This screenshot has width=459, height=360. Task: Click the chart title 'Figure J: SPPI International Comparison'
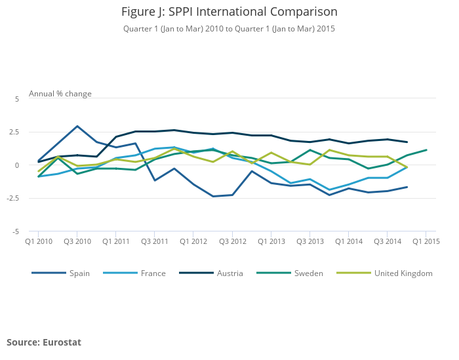tap(229, 12)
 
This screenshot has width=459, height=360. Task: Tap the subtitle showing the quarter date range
tap(229, 29)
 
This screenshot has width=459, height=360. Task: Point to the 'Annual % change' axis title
tap(60, 94)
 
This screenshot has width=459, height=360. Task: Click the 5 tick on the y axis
tap(18, 99)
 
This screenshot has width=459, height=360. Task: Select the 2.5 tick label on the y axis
tap(14, 132)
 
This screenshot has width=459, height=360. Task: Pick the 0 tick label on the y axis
tap(18, 165)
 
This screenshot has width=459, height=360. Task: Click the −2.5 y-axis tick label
tap(13, 199)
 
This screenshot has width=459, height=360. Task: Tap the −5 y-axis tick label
tap(16, 231)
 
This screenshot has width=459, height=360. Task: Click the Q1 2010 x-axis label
tap(39, 242)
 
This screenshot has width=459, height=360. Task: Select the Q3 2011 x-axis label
tap(155, 242)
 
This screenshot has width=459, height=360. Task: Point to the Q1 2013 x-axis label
tap(271, 242)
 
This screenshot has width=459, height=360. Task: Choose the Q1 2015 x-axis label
tap(426, 242)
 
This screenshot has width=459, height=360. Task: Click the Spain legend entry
tap(79, 273)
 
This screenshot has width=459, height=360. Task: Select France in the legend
tap(153, 273)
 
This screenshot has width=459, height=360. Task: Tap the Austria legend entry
tap(229, 273)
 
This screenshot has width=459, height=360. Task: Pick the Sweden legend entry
tap(308, 273)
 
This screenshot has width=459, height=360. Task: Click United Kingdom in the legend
tap(403, 273)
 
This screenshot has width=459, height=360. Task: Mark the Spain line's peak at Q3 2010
tap(77, 127)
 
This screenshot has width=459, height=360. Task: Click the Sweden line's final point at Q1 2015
tap(426, 150)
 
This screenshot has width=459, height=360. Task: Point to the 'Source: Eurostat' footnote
tap(44, 342)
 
